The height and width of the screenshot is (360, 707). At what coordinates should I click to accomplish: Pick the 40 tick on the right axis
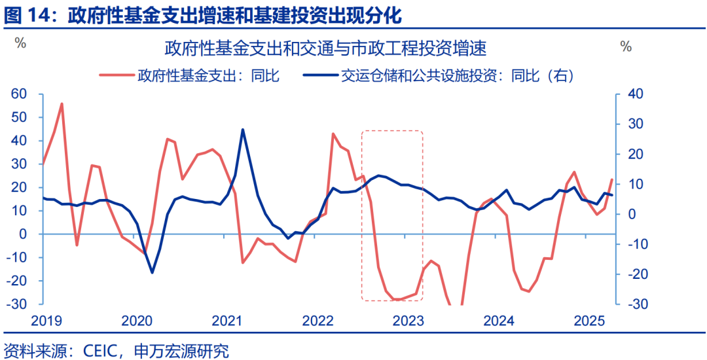pos(636,94)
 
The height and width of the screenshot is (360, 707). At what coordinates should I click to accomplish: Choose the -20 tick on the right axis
pos(638,274)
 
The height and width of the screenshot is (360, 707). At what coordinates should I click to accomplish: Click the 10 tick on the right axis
pos(636,185)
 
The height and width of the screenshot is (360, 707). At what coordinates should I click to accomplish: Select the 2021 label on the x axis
pos(227,321)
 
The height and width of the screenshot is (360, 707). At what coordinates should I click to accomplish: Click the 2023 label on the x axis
pos(408,321)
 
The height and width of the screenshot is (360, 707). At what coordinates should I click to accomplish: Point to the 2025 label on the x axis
pos(589,321)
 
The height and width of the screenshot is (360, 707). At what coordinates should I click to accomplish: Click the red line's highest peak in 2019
pos(62,103)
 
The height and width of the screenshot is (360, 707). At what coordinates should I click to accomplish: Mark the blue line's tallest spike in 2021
pos(243,130)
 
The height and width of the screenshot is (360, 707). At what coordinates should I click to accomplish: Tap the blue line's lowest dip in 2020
pos(152,272)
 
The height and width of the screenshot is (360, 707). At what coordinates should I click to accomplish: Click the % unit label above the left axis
pos(20,45)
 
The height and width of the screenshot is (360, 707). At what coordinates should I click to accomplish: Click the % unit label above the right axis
pos(626,46)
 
